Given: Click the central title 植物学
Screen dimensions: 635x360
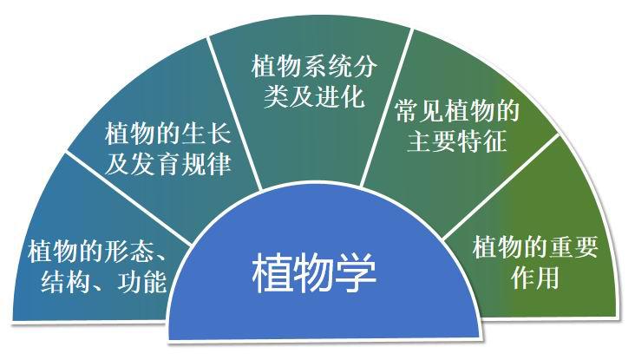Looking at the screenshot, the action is coord(314,273).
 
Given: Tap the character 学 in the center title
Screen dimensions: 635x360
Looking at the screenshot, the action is coord(357,273).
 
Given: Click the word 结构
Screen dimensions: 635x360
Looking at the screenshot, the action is coord(65,281).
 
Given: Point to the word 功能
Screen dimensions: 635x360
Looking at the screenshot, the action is coord(142,281).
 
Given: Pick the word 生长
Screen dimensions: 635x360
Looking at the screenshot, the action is coord(206,134).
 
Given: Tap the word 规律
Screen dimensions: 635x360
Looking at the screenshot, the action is coord(206,164).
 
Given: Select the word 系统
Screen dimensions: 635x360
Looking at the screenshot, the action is coord(327,66).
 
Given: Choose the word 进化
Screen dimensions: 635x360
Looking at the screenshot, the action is coord(339,96).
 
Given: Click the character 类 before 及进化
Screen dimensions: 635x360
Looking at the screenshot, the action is coord(276,96).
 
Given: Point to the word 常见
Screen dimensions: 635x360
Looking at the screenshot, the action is coord(420,110).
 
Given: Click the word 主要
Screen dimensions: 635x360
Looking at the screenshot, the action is coord(432,141).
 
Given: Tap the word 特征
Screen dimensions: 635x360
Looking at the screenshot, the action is coord(482,141).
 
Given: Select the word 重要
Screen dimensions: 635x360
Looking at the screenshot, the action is coord(573,247).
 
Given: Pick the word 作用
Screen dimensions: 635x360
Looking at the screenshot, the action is coord(535,278).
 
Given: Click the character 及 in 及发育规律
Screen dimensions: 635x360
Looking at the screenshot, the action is coord(117,164).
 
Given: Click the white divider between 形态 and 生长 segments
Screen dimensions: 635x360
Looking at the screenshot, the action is coord(128,199).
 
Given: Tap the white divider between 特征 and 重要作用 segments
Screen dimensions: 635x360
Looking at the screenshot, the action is coord(501,187).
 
